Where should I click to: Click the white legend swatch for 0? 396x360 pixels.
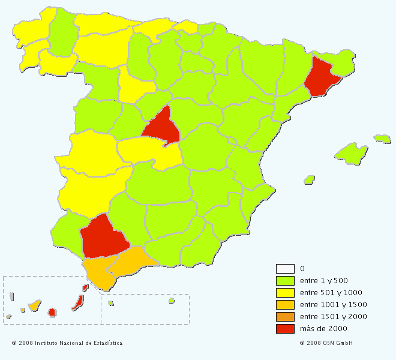(x=285, y=269)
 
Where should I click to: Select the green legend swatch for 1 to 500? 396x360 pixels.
(x=285, y=281)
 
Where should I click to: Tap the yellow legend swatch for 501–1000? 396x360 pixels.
(x=285, y=293)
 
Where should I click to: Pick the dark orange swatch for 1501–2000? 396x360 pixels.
(x=285, y=317)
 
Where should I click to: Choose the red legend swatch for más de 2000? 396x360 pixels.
(x=285, y=329)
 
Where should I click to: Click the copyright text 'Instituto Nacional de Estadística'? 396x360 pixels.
(x=79, y=343)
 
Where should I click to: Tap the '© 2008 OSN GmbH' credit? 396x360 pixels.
(x=326, y=343)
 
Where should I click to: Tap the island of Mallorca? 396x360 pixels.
(x=352, y=152)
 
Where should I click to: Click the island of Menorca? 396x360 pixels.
(x=382, y=139)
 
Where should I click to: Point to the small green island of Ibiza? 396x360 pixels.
(x=309, y=179)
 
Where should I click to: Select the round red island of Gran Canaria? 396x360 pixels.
(x=52, y=312)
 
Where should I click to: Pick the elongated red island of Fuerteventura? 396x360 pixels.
(x=77, y=302)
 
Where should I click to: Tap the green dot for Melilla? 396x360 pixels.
(x=171, y=301)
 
